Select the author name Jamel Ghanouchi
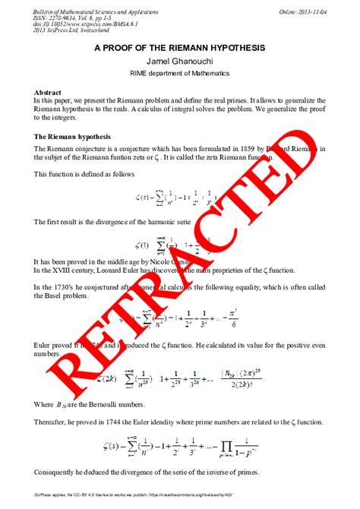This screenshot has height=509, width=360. (180, 60)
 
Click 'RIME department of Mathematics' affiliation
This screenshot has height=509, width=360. (180, 73)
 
